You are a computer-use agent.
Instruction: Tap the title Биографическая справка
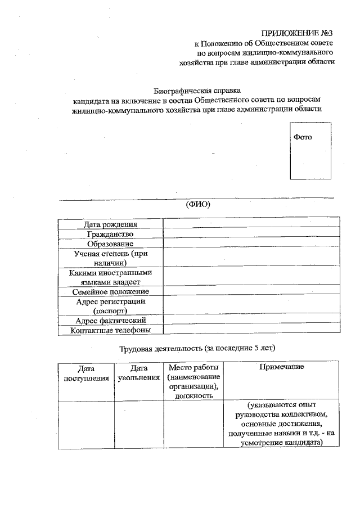[197, 90]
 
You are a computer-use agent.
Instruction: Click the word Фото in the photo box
[303, 137]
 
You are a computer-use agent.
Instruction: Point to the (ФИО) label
[197, 205]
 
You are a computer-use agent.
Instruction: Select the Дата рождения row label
[110, 224]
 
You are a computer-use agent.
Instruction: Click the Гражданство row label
[110, 234]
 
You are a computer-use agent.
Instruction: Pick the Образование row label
[110, 244]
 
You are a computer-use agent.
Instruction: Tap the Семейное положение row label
[110, 291]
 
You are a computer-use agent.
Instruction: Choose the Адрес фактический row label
[110, 320]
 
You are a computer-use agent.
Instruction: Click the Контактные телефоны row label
[110, 330]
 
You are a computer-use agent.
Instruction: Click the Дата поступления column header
[86, 373]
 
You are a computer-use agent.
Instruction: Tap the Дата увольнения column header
[139, 373]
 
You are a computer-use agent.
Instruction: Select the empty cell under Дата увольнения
[139, 424]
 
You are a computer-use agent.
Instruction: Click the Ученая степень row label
[110, 258]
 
